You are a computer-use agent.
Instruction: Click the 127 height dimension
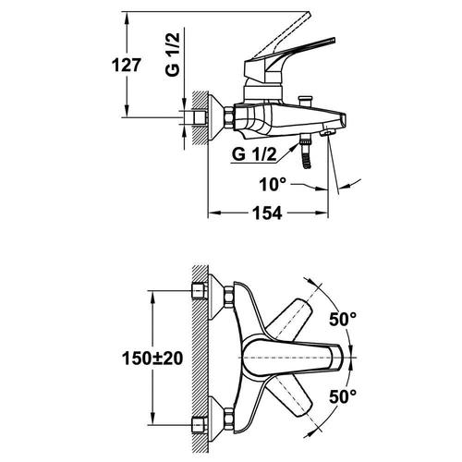tap(127, 66)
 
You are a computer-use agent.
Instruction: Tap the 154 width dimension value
tap(267, 213)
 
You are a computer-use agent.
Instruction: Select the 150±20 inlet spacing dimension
tap(152, 359)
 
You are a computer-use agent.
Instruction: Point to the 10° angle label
tap(273, 184)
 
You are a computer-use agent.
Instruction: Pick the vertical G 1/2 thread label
tap(172, 55)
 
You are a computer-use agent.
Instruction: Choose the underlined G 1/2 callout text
tap(254, 154)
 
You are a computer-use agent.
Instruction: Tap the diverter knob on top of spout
tap(305, 101)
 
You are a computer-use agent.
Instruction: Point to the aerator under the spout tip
tap(327, 133)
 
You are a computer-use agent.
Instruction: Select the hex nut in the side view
tap(229, 117)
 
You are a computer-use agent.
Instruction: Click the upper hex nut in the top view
tap(229, 297)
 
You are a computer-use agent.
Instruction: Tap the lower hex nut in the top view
tap(229, 419)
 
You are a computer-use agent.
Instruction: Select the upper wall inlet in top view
tap(199, 291)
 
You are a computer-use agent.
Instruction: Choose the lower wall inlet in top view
tap(199, 425)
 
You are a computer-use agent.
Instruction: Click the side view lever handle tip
tap(333, 40)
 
